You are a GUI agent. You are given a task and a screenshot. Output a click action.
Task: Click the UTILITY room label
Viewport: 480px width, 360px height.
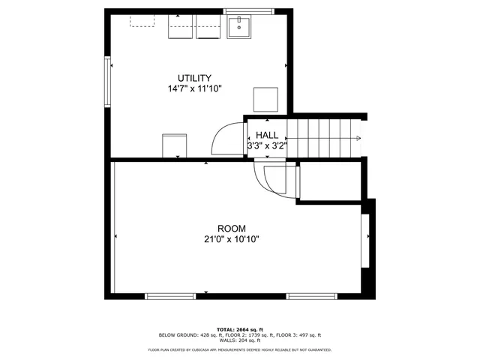[x=194, y=78]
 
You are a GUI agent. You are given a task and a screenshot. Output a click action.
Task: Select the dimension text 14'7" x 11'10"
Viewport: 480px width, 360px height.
[x=194, y=88]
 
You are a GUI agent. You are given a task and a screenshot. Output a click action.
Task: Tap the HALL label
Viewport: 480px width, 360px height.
[x=267, y=135]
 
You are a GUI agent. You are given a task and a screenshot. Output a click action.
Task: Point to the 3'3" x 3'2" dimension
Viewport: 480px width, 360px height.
[x=267, y=145]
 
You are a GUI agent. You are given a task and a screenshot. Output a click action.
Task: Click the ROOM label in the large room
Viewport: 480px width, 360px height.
[x=232, y=229]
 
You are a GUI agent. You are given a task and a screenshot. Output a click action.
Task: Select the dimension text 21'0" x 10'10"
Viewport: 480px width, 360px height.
[x=232, y=239]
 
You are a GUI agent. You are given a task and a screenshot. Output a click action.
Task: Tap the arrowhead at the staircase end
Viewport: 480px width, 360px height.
[x=359, y=138]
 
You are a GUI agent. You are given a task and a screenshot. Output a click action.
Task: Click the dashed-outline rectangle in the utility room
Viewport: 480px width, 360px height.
[x=142, y=20]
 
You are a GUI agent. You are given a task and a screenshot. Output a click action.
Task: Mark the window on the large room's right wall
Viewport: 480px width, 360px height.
[x=365, y=241]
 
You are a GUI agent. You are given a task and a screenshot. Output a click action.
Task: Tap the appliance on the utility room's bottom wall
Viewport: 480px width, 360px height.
[x=174, y=145]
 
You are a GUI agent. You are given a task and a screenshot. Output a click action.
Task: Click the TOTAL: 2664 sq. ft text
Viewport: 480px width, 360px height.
[x=239, y=328]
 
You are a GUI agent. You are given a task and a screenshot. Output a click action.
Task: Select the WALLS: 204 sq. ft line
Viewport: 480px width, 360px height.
[x=239, y=340]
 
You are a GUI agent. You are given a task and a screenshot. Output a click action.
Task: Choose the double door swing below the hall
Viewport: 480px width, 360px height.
[x=268, y=180]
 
